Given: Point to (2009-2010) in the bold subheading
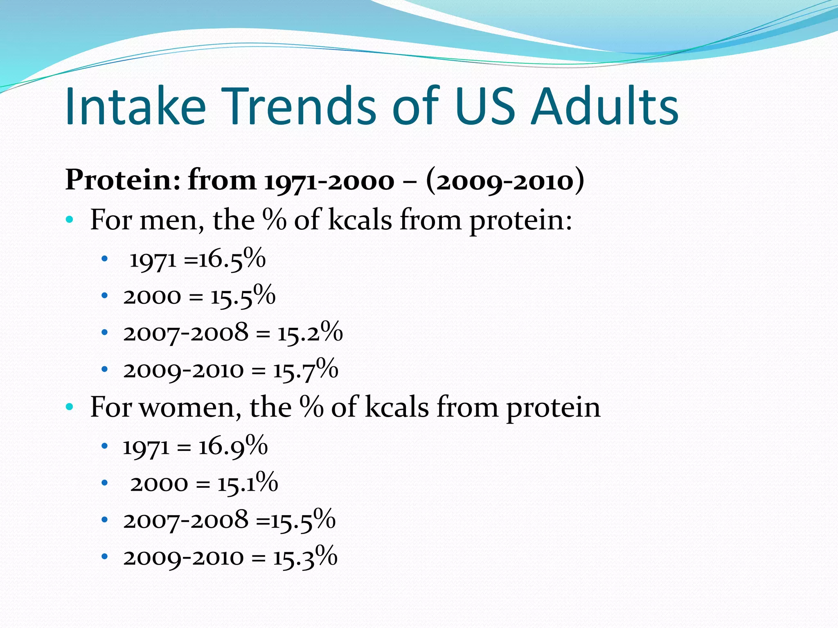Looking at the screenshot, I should coord(505,180).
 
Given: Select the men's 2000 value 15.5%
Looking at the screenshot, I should coord(243,296).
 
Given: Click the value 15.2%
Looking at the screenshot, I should coord(310,332).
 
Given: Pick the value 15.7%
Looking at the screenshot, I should coord(306,370).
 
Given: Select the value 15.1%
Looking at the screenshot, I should coord(248,483).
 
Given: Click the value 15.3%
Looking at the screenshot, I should coord(305,557).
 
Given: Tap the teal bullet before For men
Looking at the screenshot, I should coord(70,220).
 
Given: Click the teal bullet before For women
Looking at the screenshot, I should coord(70,407).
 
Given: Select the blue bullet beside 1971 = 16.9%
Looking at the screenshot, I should coord(105,446).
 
